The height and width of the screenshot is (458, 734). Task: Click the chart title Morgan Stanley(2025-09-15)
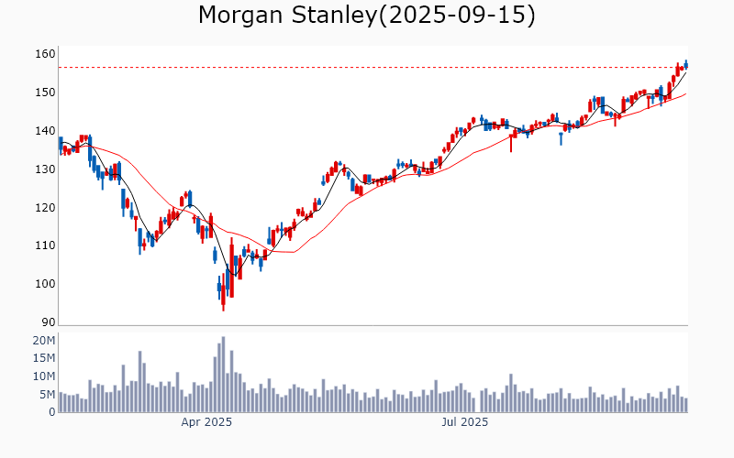tap(367, 16)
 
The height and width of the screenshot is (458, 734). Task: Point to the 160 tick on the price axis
tap(45, 54)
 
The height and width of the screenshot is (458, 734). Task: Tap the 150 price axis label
tap(45, 93)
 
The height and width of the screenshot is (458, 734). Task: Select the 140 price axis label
tap(45, 131)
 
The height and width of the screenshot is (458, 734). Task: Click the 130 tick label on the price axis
tap(45, 169)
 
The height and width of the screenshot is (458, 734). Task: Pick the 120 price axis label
tap(45, 208)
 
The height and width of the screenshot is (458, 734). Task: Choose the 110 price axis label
tap(45, 246)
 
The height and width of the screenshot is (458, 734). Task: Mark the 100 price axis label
tap(45, 285)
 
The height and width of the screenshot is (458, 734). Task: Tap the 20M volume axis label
tap(44, 341)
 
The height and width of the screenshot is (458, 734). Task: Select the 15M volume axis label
tap(44, 359)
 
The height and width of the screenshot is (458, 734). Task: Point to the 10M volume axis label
tap(44, 376)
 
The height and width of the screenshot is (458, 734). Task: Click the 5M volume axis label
tap(47, 395)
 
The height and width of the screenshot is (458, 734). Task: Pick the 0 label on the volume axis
tap(52, 412)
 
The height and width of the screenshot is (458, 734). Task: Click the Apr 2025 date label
tap(206, 423)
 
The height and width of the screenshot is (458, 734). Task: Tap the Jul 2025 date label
tap(465, 423)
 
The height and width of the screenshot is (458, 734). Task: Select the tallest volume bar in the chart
tap(223, 375)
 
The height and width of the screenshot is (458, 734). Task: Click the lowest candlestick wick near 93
tap(223, 307)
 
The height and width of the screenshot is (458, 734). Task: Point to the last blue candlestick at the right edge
tap(685, 64)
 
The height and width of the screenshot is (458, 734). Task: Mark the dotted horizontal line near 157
tap(367, 67)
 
